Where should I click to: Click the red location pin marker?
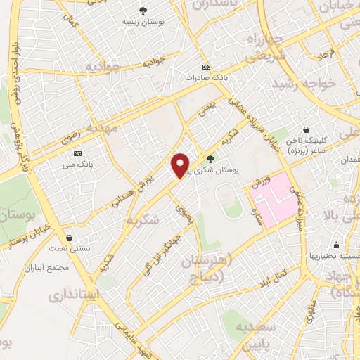181,165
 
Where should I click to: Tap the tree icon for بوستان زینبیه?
143,11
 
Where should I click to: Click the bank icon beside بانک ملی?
77,153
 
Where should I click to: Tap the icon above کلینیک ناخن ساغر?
307,129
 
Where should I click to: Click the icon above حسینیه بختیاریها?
337,245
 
